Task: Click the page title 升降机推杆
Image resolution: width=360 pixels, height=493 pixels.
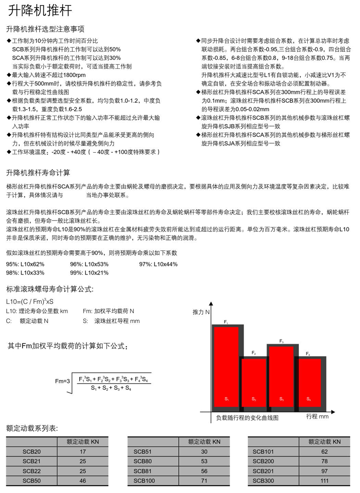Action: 40,11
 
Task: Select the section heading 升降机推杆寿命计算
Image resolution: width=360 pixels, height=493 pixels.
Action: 38,173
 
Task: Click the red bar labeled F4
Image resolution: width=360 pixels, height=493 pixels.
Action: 308,382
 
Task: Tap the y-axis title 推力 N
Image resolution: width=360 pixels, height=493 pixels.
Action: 201,312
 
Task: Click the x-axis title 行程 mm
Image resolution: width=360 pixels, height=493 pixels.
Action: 317,416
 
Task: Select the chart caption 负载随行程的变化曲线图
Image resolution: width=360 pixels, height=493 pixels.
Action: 247,417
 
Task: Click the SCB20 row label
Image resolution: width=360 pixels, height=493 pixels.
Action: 31,452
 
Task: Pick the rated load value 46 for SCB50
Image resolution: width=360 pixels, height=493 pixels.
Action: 82,481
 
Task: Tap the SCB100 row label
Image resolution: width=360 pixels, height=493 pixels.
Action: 144,481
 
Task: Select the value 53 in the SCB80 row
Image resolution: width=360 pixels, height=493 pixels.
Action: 204,461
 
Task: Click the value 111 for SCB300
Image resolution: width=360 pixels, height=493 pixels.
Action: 324,481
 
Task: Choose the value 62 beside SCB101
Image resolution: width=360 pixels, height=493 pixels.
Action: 324,452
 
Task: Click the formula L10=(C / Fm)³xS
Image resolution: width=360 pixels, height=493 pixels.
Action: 30,301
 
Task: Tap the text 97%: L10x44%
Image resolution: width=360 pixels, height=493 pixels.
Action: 158,264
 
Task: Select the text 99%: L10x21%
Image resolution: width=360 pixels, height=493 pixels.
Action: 89,273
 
